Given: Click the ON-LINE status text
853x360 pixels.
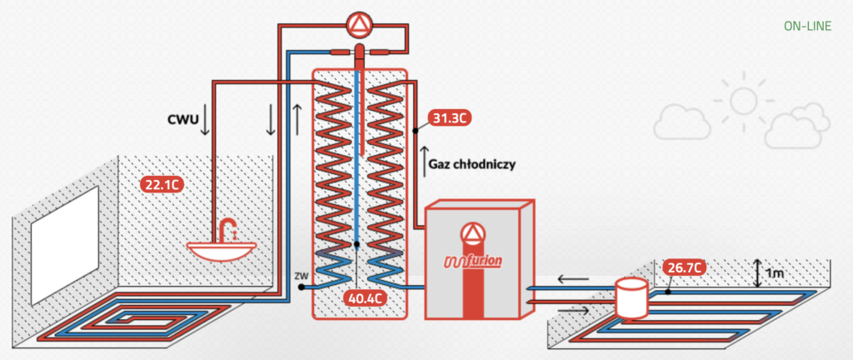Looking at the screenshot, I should [806, 26].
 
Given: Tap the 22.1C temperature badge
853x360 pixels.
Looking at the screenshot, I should [162, 184].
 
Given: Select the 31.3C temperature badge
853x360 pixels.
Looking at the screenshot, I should [450, 117].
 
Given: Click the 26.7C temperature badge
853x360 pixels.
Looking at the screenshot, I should [686, 267].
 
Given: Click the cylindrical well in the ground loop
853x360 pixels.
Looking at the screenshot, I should [631, 297].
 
